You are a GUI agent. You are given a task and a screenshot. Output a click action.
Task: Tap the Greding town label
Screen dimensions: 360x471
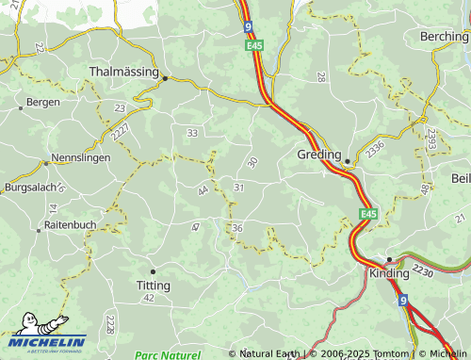point(318,155)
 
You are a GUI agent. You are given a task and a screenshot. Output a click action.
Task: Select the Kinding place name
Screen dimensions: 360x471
point(389,273)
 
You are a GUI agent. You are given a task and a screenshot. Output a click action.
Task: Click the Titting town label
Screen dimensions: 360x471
point(153,285)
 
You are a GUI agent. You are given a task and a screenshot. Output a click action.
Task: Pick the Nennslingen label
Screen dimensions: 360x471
point(82,157)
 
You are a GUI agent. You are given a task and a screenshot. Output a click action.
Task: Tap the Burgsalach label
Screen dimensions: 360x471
point(31,188)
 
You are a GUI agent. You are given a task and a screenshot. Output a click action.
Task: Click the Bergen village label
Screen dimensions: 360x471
point(43,102)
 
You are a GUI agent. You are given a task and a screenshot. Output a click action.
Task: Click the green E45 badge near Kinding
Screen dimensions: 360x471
point(368,215)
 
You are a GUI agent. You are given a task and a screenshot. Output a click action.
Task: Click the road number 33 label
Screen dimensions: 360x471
point(192,134)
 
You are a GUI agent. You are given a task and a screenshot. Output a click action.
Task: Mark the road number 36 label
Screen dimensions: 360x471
point(237,228)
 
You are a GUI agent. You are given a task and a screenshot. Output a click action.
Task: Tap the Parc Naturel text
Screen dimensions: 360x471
point(167,355)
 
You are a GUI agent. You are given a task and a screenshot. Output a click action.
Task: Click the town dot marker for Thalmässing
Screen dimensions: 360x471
point(164,78)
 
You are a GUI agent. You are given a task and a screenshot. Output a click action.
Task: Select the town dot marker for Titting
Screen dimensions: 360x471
point(153,271)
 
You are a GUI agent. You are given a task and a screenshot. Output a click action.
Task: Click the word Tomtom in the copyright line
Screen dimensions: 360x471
point(389,354)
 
